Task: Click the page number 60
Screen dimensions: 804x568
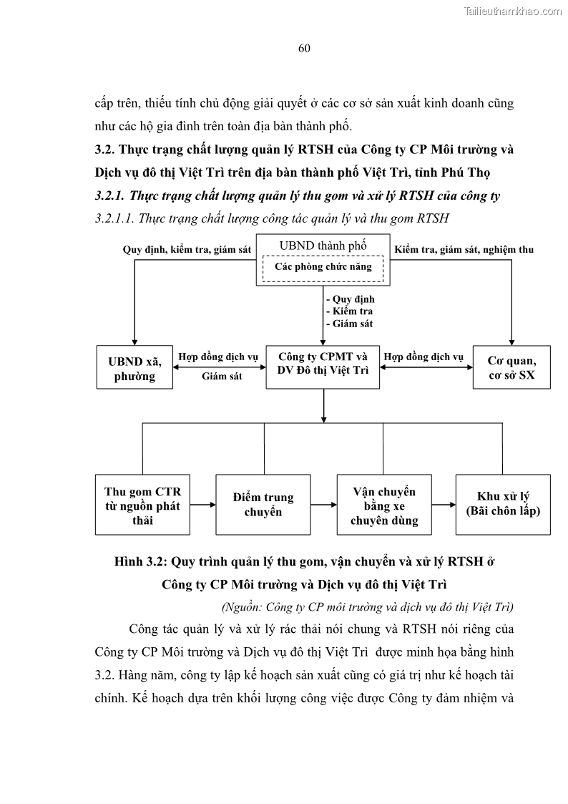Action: [x=303, y=48]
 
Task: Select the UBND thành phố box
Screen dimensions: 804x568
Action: [x=323, y=246]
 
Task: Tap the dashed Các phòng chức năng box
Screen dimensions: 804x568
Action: [x=323, y=267]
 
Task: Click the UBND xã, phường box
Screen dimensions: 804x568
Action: [x=134, y=368]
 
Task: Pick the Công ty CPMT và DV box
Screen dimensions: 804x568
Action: [x=323, y=363]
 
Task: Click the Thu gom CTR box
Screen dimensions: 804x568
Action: [x=142, y=505]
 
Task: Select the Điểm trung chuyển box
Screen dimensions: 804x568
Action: [x=263, y=505]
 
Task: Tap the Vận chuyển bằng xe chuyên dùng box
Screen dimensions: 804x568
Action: [x=383, y=505]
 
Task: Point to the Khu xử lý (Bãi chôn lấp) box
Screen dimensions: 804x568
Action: [x=503, y=505]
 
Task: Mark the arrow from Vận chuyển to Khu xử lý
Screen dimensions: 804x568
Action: [x=444, y=505]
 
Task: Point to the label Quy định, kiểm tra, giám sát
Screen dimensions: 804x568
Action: [x=187, y=250]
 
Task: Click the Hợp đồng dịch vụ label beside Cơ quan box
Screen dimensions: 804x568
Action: [x=423, y=357]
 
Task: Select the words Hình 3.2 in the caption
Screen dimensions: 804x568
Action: [x=140, y=561]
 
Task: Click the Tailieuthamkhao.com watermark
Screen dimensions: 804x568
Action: [x=513, y=11]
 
